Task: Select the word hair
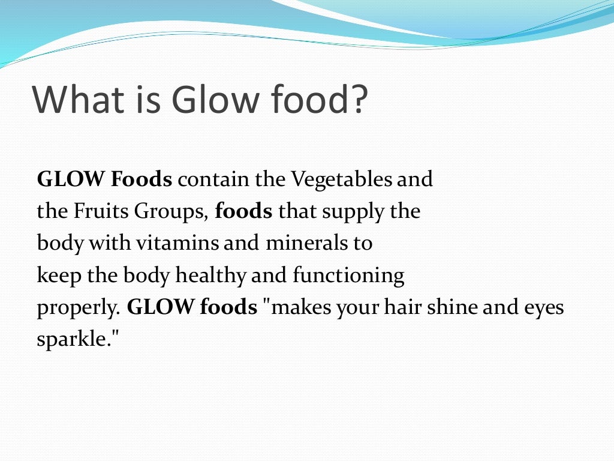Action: click(401, 308)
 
